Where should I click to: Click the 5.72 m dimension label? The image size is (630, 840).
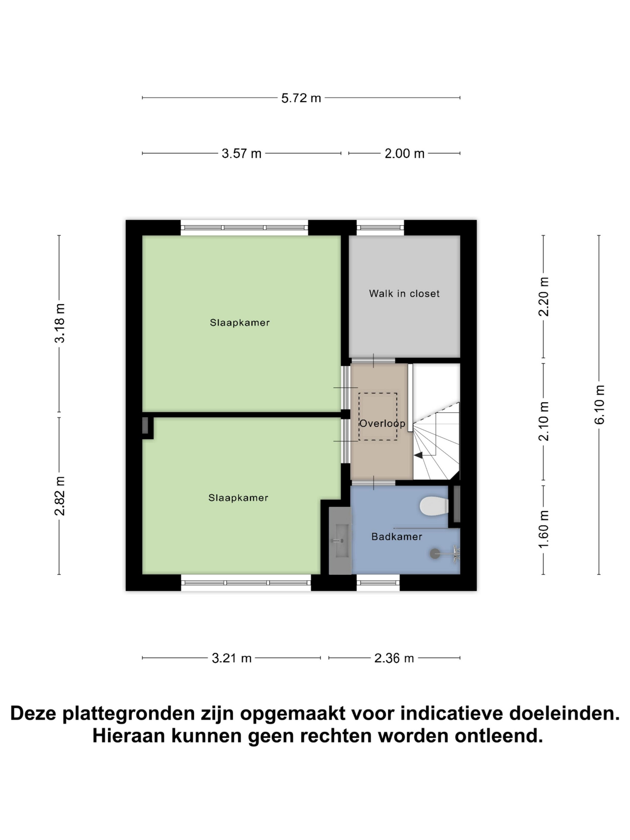point(301,98)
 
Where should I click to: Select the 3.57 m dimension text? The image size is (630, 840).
point(241,153)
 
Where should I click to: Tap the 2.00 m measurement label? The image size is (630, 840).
point(404,153)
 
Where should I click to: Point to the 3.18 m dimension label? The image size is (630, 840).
point(60,323)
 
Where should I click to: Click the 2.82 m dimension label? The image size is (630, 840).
point(60,496)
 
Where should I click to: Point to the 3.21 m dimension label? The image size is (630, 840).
point(232,658)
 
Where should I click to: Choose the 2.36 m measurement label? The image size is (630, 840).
point(394,658)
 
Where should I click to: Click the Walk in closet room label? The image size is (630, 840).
point(404,293)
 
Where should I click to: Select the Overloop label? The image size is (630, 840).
point(382,423)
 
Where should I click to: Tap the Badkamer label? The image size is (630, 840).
point(397,537)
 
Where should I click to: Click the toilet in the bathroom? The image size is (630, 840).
point(434,506)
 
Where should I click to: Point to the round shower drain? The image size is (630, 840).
point(434,554)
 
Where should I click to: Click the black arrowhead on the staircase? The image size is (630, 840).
point(418,455)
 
